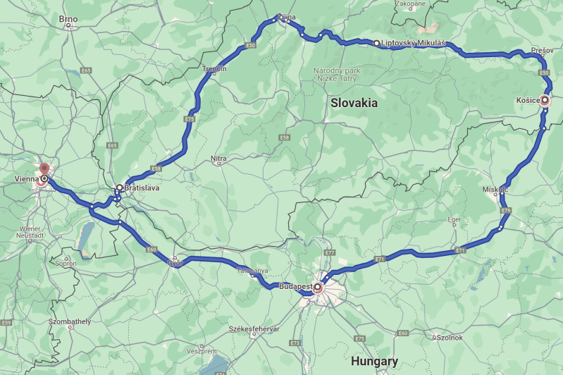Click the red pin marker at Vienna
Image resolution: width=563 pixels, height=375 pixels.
click(x=44, y=169)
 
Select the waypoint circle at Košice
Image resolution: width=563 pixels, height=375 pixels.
click(x=545, y=100)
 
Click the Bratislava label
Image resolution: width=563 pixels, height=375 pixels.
click(x=144, y=188)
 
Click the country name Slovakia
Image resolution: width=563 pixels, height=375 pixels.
click(x=354, y=103)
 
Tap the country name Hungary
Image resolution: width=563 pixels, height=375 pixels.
click(x=374, y=361)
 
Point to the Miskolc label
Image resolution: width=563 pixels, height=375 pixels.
click(x=496, y=190)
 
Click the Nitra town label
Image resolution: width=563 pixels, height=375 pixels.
click(x=218, y=159)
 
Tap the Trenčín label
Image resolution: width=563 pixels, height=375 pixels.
click(x=214, y=68)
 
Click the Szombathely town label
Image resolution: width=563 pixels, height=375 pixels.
click(x=70, y=321)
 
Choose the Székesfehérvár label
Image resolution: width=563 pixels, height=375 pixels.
click(x=254, y=329)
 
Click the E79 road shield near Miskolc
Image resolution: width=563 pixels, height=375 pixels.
click(x=505, y=211)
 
